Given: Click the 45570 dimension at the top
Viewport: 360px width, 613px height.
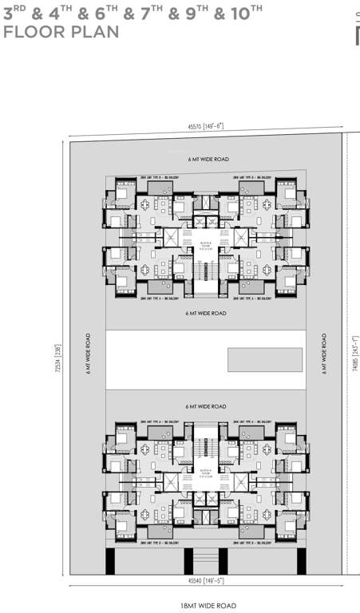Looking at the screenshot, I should (206, 125).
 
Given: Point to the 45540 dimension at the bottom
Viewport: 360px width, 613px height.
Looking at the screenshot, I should (206, 580).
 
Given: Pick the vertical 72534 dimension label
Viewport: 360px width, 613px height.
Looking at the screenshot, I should (57, 352).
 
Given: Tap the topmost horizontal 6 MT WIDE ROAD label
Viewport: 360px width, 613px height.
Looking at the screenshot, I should (208, 160).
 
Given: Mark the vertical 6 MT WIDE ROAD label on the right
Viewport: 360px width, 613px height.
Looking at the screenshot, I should (325, 354).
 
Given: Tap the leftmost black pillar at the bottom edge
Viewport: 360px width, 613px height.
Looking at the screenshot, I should (110, 560).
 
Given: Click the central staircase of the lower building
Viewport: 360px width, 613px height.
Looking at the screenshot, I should (206, 443).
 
